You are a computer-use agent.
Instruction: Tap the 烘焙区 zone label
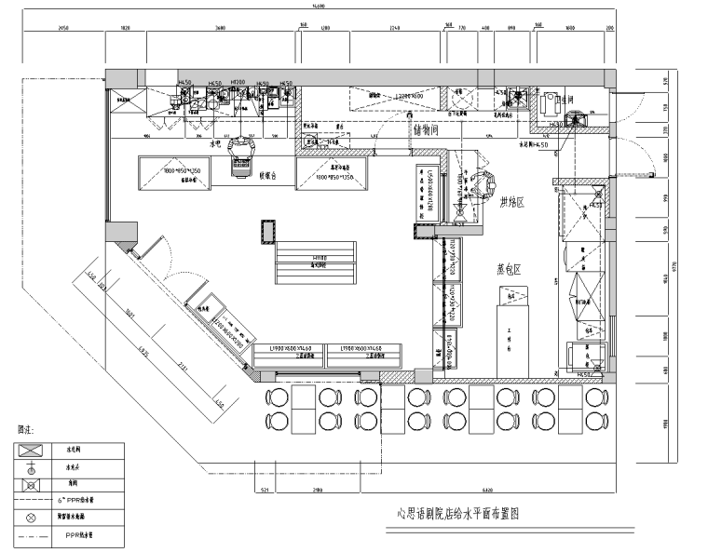512,202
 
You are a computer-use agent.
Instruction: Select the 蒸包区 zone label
509,268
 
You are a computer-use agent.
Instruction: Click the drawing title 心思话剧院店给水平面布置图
457,513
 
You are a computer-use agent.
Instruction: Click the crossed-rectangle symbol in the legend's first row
31,448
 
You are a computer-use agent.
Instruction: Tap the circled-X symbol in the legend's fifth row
31,517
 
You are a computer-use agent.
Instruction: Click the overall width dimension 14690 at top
319,7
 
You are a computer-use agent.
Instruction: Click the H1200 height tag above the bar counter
238,83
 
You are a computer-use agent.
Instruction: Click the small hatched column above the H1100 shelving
268,229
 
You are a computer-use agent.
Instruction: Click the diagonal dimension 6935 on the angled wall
144,351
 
